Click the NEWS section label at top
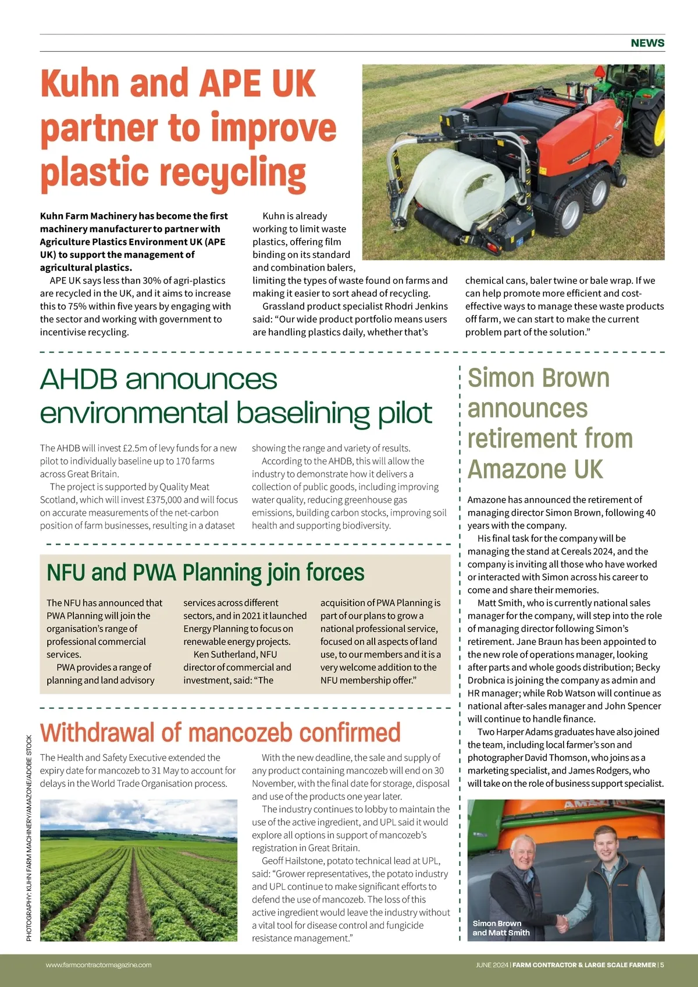(x=647, y=43)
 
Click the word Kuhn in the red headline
(x=82, y=83)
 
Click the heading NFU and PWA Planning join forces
(x=205, y=573)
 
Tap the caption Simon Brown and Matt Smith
(x=501, y=928)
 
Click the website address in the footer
(x=98, y=965)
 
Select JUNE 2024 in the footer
(x=492, y=965)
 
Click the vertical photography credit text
(x=29, y=838)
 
